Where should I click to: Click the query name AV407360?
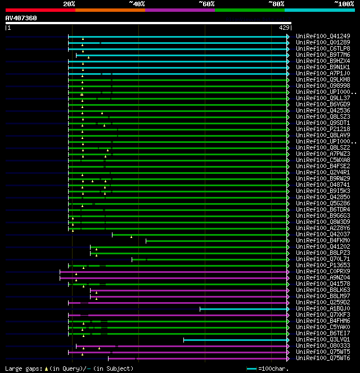click(x=21, y=18)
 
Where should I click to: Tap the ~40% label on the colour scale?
click(x=137, y=3)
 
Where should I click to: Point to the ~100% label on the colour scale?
click(x=344, y=3)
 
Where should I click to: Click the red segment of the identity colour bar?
click(x=40, y=10)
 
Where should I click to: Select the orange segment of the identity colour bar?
click(x=110, y=10)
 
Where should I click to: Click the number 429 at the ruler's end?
click(x=284, y=28)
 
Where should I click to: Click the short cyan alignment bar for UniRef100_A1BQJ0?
click(x=244, y=308)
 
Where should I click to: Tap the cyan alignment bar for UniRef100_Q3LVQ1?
click(x=236, y=339)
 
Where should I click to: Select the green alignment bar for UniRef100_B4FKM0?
click(x=217, y=240)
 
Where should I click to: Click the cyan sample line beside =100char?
click(x=251, y=368)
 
